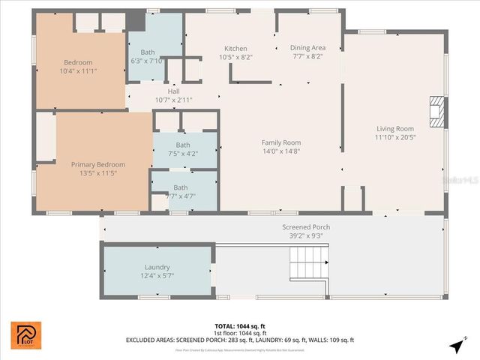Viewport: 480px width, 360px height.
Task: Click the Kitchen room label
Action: coord(235,48)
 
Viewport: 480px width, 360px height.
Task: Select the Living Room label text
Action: coord(394,128)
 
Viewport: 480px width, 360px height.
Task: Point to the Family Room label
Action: coord(280,142)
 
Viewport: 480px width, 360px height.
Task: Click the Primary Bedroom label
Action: coord(97,164)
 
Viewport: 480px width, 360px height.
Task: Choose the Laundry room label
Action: coord(157,267)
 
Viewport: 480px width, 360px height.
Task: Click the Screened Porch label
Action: coord(305,227)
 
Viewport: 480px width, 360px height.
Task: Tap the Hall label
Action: coord(173,91)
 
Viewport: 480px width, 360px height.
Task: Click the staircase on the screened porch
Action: coord(308,263)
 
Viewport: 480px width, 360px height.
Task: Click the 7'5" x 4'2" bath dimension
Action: coord(183,154)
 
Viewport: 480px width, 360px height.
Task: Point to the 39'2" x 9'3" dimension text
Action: coord(305,235)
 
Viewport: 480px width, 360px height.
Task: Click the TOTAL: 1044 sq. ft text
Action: coord(240,326)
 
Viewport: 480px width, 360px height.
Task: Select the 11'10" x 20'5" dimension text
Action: coord(394,137)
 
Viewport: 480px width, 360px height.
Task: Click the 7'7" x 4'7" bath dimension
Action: coord(181,196)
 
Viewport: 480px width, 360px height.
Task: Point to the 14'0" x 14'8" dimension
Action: coord(280,151)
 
